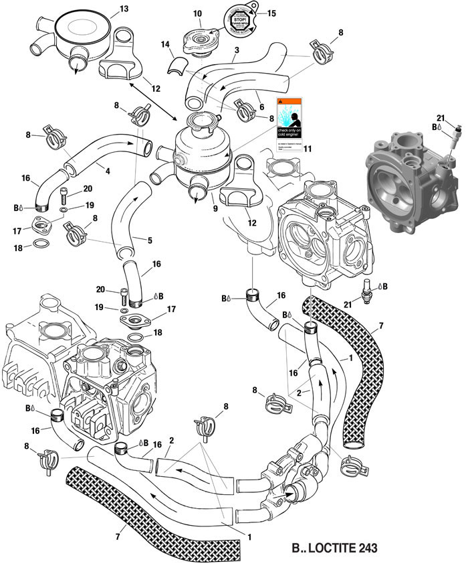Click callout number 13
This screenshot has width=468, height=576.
point(123,9)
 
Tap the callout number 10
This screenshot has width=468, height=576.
point(197,14)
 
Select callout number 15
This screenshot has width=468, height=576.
point(271,13)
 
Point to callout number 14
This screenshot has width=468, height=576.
point(164,44)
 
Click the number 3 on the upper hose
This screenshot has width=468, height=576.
point(237,50)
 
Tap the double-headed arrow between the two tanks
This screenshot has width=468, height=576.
point(153,101)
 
